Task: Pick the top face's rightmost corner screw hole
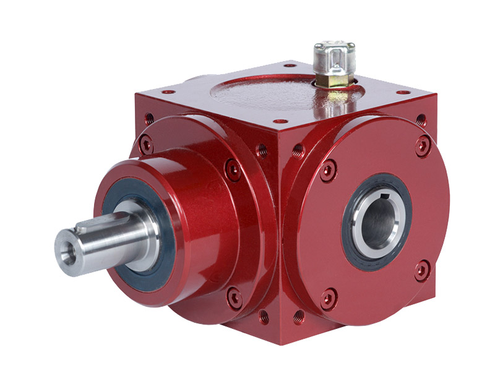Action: point(402,93)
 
